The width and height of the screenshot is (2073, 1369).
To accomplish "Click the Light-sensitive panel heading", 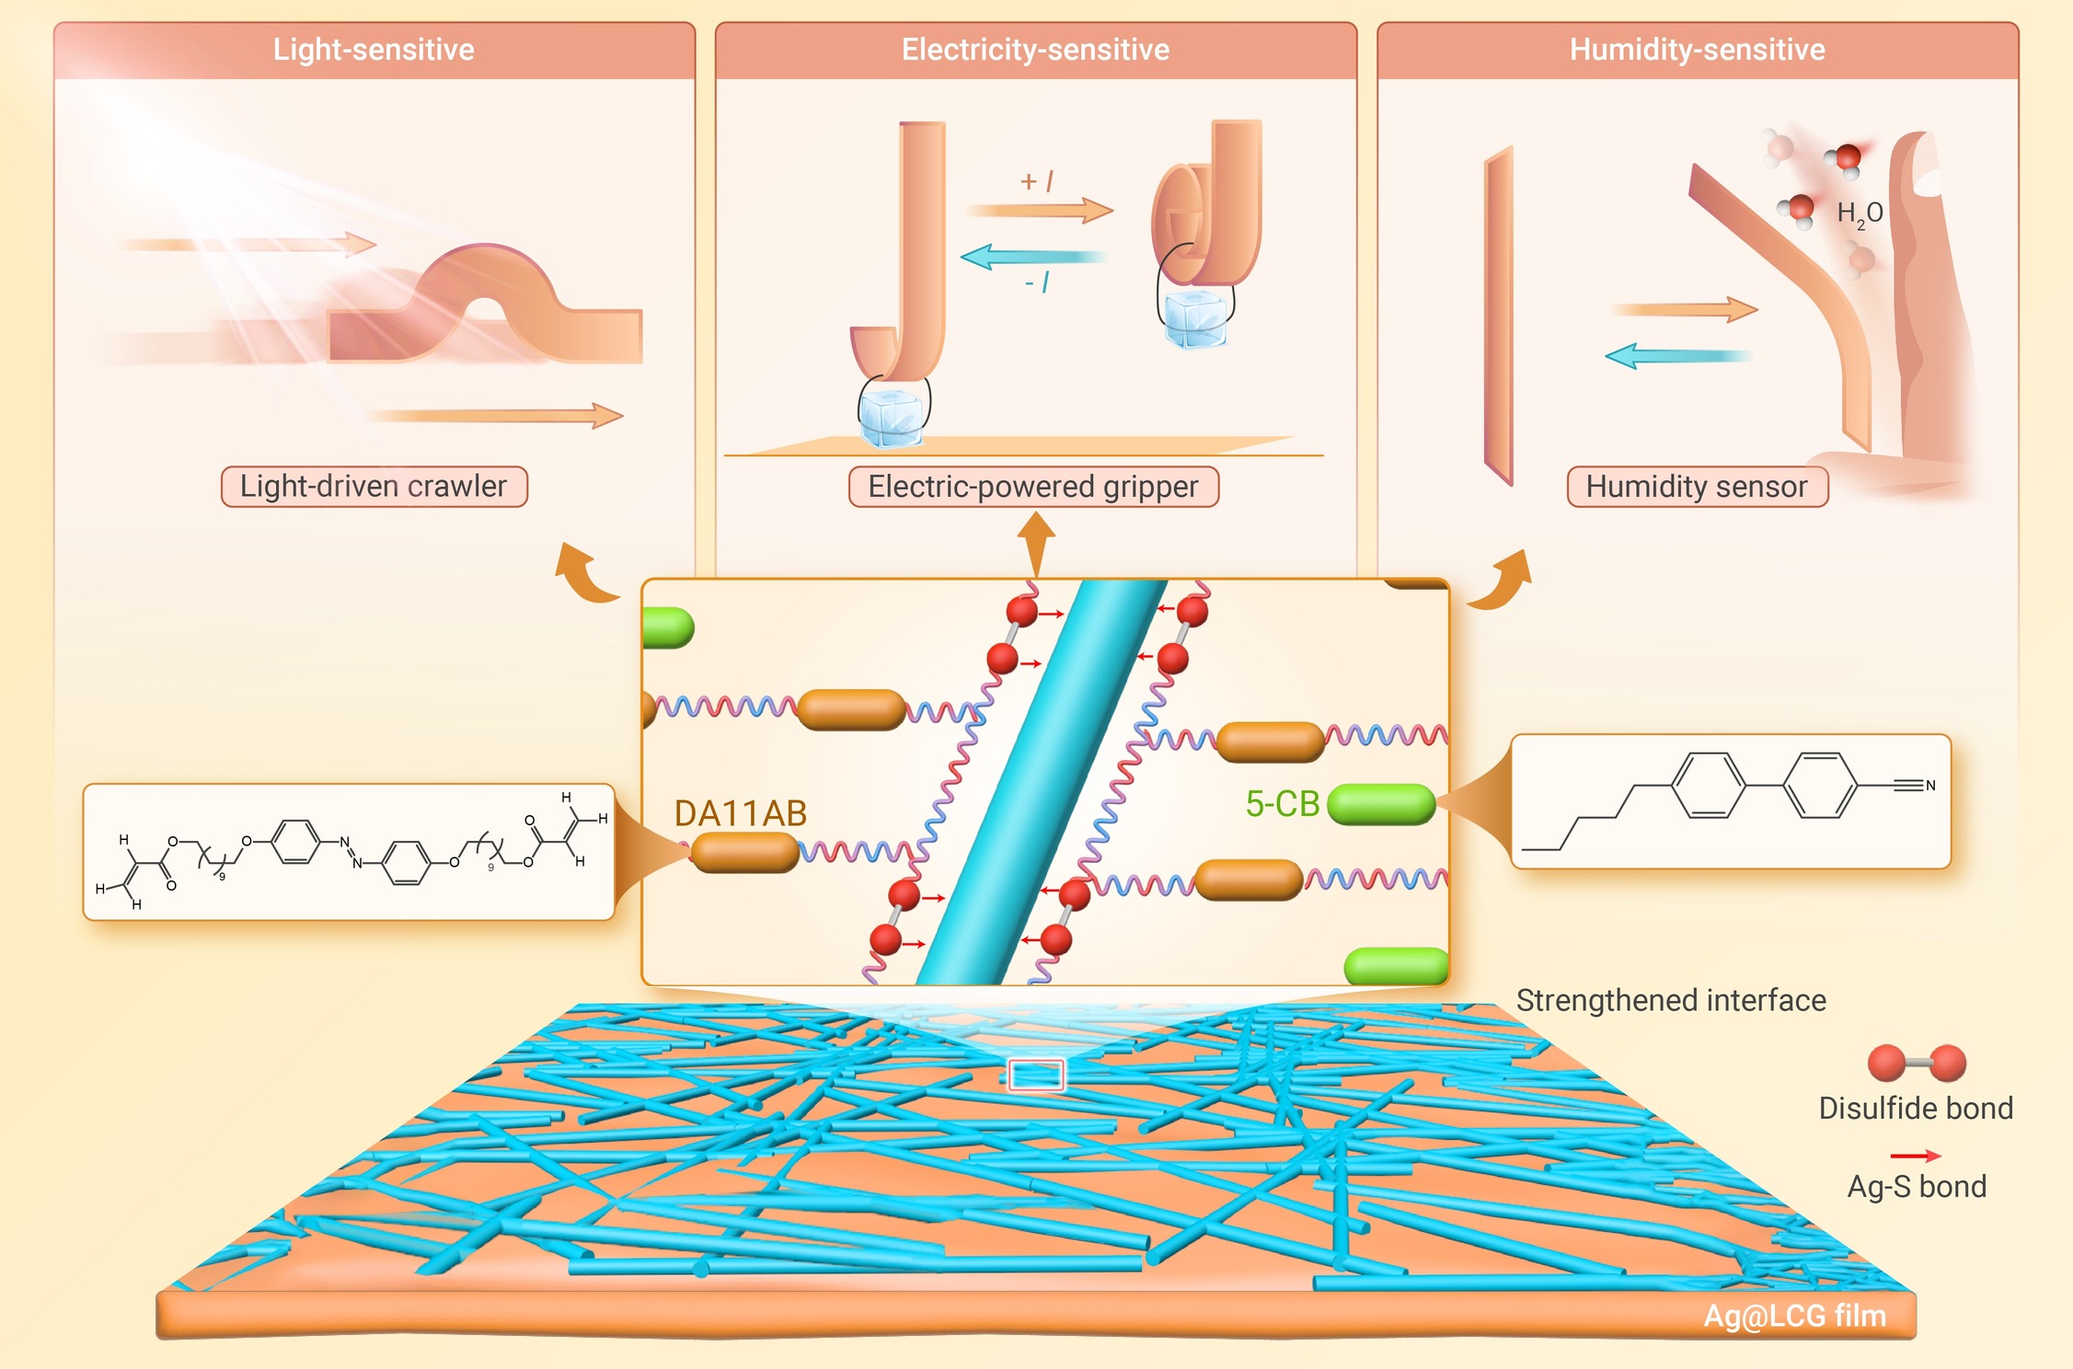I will coord(374,50).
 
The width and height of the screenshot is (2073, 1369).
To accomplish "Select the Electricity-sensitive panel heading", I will coord(1035,50).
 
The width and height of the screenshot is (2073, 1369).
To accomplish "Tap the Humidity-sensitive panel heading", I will coord(1697,50).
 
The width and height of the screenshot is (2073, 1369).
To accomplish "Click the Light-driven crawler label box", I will coord(374,486).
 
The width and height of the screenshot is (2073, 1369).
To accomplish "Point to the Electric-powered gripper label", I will coord(1033,486).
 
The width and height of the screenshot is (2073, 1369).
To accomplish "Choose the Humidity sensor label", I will coord(1697,486).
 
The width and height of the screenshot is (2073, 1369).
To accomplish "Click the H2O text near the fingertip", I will coord(1859,214).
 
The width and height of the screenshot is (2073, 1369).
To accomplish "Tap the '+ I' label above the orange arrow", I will coord(1037,181).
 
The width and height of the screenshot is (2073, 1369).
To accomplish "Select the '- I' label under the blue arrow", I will coord(1037,282).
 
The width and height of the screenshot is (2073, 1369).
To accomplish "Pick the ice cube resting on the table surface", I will coord(890,418).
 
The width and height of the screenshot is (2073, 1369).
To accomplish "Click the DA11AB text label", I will coord(740,813).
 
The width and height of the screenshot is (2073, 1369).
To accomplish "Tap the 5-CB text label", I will coord(1282,804).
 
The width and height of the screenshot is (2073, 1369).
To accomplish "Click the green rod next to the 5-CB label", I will coord(1381,805).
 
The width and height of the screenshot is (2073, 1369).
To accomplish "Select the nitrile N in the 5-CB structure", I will coord(1930,786).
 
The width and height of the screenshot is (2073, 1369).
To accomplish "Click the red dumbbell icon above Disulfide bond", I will coord(1917,1063).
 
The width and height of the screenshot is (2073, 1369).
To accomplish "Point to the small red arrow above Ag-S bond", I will coord(1915,1156).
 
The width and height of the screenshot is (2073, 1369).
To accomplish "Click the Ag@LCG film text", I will coord(1794,1316).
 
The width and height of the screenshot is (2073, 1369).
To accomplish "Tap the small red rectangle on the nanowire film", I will coord(1036,1075).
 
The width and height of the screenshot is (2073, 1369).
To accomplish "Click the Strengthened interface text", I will coord(1670,1000).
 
